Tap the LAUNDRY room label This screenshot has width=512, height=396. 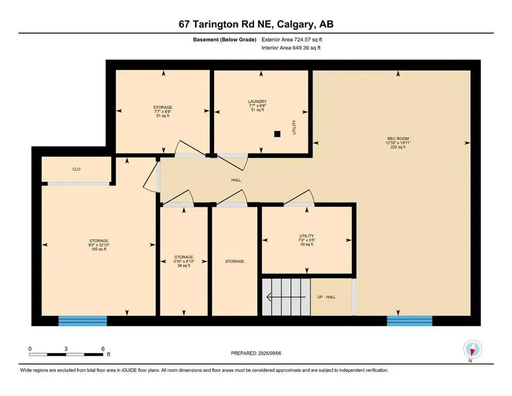pos(257,102)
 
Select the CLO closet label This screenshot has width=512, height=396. pos(76,169)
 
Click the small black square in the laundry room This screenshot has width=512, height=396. pos(277,134)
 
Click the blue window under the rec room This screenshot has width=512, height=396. pos(410,321)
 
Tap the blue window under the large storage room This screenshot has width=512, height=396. pos(82,321)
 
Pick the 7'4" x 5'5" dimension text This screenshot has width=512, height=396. pos(306,240)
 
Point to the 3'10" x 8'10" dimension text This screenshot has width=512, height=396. pos(184,261)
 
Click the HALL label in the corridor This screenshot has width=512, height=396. pos(236,180)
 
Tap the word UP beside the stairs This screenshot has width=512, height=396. pos(321,297)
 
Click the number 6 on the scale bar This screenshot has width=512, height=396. pos(103,349)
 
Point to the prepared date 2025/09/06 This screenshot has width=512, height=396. pos(283,353)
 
